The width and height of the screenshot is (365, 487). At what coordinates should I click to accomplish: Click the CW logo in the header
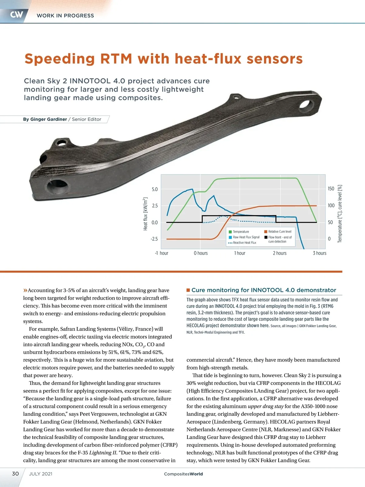pos(16,15)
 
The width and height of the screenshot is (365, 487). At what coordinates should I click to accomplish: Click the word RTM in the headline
pos(116,59)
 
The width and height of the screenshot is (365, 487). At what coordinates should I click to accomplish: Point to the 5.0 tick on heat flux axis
pos(155,189)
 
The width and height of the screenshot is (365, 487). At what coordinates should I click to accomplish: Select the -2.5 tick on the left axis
pos(154,239)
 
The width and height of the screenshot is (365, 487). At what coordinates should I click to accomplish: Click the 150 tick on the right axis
pos(331,189)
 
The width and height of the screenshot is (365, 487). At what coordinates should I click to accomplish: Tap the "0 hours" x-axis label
pos(201,253)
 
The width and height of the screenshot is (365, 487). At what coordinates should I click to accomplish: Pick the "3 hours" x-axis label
pos(319,253)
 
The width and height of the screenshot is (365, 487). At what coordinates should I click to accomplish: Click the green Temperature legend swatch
pos(230,232)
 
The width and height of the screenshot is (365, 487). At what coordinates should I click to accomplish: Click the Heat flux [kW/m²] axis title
pos(145,214)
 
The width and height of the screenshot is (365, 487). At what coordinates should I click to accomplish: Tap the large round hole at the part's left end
pos(58,185)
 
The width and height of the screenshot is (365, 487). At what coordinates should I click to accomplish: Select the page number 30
pos(15,474)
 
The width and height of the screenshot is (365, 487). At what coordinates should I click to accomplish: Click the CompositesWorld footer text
pos(183,474)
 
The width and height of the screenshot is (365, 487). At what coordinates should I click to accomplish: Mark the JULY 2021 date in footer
pos(41,474)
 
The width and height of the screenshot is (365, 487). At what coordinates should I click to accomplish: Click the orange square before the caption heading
pos(188,290)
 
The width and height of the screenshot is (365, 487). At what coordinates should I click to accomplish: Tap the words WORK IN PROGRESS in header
pos(65,16)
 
